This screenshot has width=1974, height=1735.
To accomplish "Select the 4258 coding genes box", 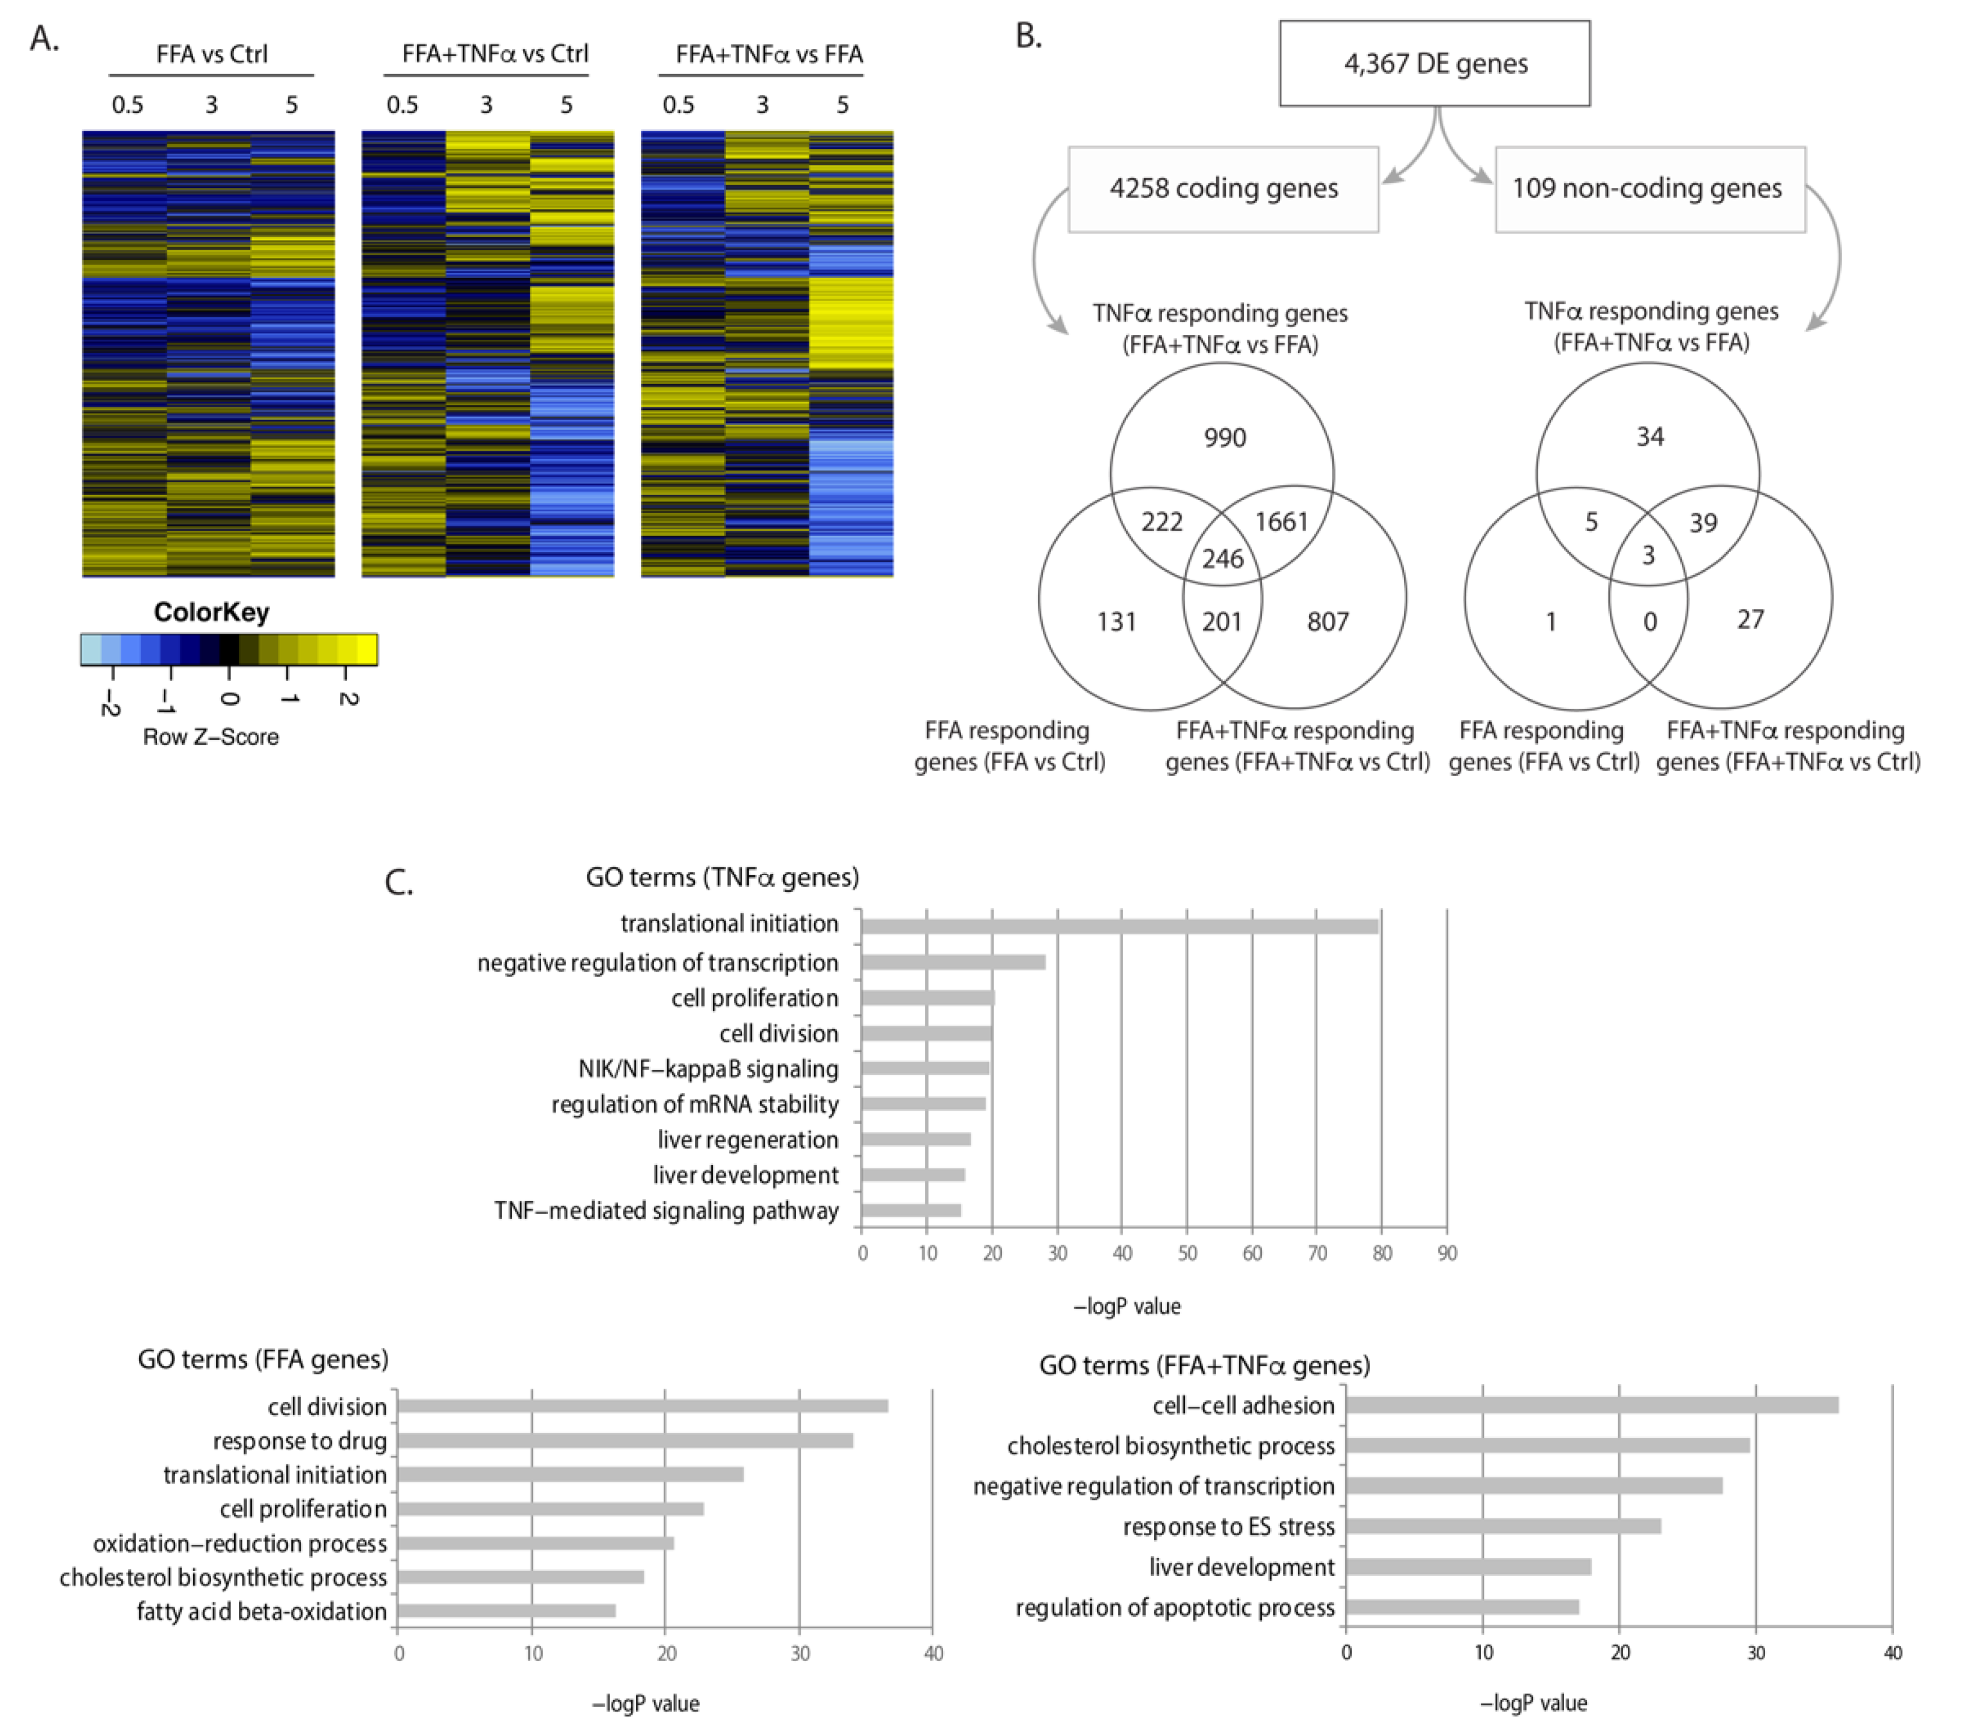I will pyautogui.click(x=1223, y=188).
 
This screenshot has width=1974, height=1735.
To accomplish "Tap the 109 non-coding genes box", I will pyautogui.click(x=1649, y=188).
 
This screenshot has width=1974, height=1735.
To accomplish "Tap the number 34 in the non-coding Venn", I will pyautogui.click(x=1649, y=437).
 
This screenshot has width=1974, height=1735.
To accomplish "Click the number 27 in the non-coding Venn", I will pyautogui.click(x=1750, y=619).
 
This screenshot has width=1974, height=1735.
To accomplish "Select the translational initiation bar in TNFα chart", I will pyautogui.click(x=1118, y=927).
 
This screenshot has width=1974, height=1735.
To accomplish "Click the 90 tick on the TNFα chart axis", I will pyautogui.click(x=1446, y=1253).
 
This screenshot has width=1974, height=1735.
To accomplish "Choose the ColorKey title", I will pyautogui.click(x=211, y=613).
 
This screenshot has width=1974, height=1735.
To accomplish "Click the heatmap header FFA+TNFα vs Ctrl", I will pyautogui.click(x=494, y=54).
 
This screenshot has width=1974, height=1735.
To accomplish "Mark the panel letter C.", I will pyautogui.click(x=399, y=882).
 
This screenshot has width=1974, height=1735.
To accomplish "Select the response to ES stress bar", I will pyautogui.click(x=1503, y=1526).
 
